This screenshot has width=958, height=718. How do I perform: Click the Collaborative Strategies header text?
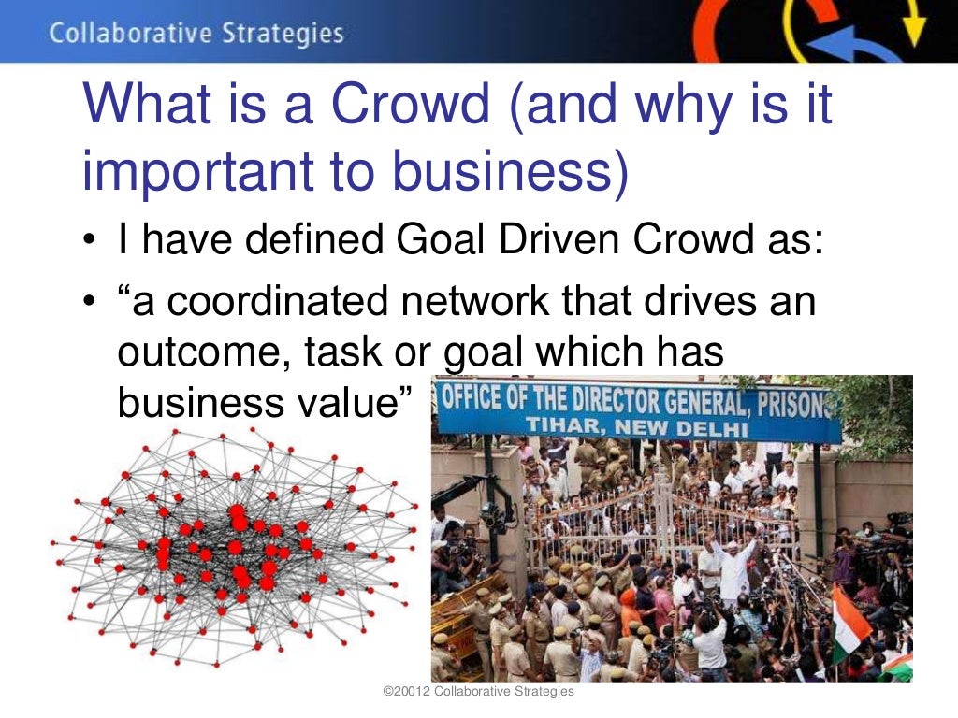196,35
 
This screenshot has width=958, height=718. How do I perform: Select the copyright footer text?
479,691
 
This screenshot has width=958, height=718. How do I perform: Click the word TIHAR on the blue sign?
562,427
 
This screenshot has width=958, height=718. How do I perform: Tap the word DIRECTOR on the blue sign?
617,402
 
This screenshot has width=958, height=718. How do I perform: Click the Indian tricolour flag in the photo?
848,622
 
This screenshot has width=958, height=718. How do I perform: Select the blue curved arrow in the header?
843,47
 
